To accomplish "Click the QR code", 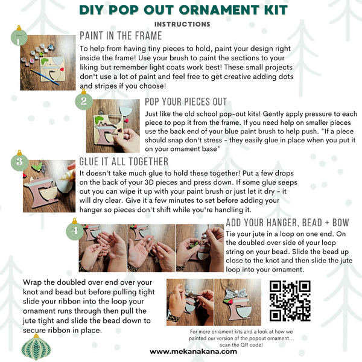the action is click(x=290, y=300).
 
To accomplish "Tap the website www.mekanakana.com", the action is click(x=193, y=352).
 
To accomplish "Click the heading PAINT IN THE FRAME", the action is click(x=121, y=36).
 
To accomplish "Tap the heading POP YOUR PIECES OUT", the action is click(x=186, y=101).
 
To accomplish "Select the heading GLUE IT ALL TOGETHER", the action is click(x=124, y=162).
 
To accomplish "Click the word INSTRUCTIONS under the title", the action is click(x=182, y=24).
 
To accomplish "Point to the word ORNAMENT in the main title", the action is click(x=219, y=10).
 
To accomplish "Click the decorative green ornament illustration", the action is click(x=36, y=348).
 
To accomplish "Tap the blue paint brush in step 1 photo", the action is click(x=45, y=77).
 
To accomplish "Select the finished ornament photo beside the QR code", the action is click(x=238, y=302).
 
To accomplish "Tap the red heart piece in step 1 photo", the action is click(x=62, y=69).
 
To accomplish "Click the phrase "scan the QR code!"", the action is click(x=241, y=345).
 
